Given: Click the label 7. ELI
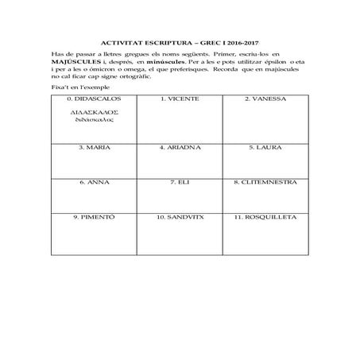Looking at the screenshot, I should pos(180,182).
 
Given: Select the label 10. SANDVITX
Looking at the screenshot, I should pos(180,216).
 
